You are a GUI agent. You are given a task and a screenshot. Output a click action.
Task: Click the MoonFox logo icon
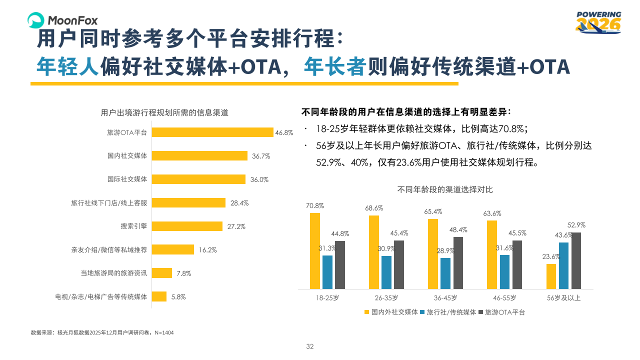pyautogui.click(x=36, y=20)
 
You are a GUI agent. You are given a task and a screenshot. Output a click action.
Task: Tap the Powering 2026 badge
pyautogui.click(x=598, y=22)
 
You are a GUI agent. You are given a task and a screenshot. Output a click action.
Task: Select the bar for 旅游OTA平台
pyautogui.click(x=212, y=132)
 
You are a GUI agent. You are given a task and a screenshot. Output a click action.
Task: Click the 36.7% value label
pyautogui.click(x=261, y=156)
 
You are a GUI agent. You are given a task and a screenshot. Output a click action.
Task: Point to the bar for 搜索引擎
pyautogui.click(x=187, y=226)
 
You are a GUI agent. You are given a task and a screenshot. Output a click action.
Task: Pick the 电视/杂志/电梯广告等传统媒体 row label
pyautogui.click(x=101, y=296)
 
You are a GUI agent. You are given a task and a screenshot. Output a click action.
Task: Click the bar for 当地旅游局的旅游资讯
pyautogui.click(x=162, y=273)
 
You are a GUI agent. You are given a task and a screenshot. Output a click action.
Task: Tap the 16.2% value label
pyautogui.click(x=207, y=250)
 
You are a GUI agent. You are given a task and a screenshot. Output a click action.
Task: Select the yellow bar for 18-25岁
pyautogui.click(x=315, y=250)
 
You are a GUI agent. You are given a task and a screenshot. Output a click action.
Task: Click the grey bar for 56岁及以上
pyautogui.click(x=576, y=260)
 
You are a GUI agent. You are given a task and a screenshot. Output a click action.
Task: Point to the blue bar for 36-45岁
pyautogui.click(x=445, y=273)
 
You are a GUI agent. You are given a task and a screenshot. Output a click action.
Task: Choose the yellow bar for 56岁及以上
pyautogui.click(x=551, y=276)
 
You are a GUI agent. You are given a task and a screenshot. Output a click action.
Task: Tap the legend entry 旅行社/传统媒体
pyautogui.click(x=447, y=312)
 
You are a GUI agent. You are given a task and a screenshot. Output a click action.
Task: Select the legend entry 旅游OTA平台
pyautogui.click(x=505, y=312)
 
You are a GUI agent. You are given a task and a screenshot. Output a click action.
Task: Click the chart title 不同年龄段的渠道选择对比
pyautogui.click(x=445, y=189)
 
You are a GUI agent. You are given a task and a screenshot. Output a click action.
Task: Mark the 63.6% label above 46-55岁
pyautogui.click(x=492, y=213)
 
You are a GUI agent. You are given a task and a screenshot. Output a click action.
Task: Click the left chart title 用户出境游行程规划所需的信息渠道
pyautogui.click(x=164, y=113)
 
